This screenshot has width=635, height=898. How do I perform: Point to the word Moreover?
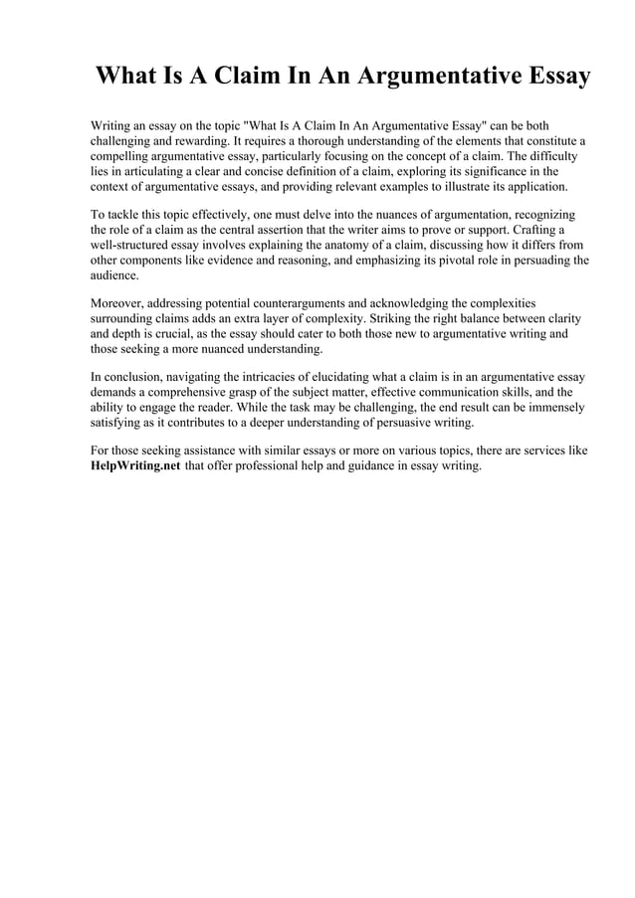point(116,302)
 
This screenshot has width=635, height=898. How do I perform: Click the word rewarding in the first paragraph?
point(193,142)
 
